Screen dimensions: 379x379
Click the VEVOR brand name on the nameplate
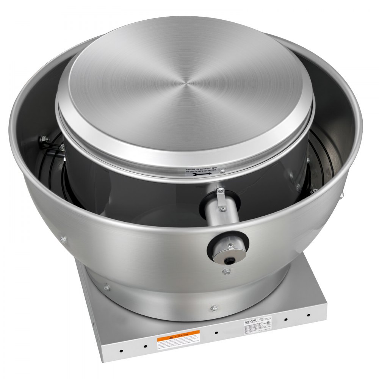click(251, 320)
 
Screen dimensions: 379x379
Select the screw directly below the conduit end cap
click(226, 271)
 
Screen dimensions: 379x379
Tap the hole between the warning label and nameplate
click(216, 333)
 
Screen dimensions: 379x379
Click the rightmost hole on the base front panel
click(308, 315)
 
